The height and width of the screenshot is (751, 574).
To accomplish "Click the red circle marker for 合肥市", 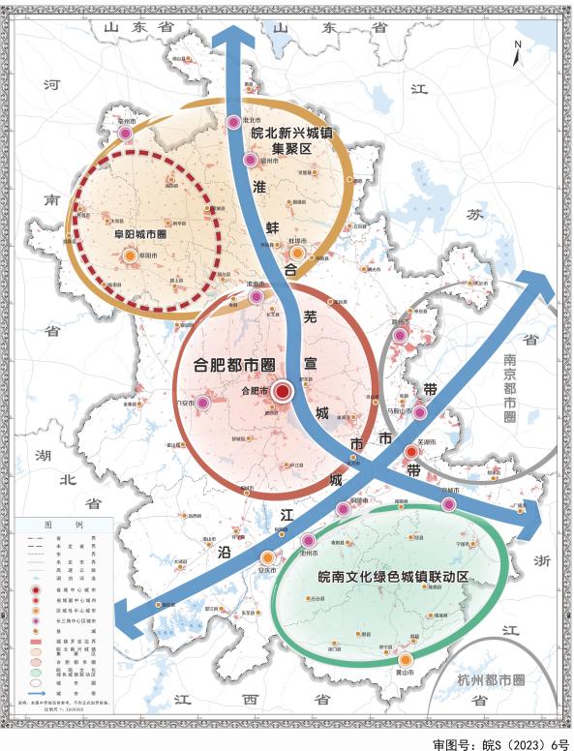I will pos(283,392).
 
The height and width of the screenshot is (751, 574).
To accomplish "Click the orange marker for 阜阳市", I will pos(130,255).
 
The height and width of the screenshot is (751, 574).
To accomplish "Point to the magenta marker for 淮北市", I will pos(233,123).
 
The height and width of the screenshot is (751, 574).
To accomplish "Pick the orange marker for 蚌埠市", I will pos(298,253).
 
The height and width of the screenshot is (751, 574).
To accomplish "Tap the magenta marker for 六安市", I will pos(204,403).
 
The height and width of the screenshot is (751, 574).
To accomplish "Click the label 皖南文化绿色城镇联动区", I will pos(393,577).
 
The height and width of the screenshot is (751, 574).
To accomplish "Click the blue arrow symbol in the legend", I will pos(40,693).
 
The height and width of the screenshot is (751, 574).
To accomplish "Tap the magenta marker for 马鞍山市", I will pos(420,413).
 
